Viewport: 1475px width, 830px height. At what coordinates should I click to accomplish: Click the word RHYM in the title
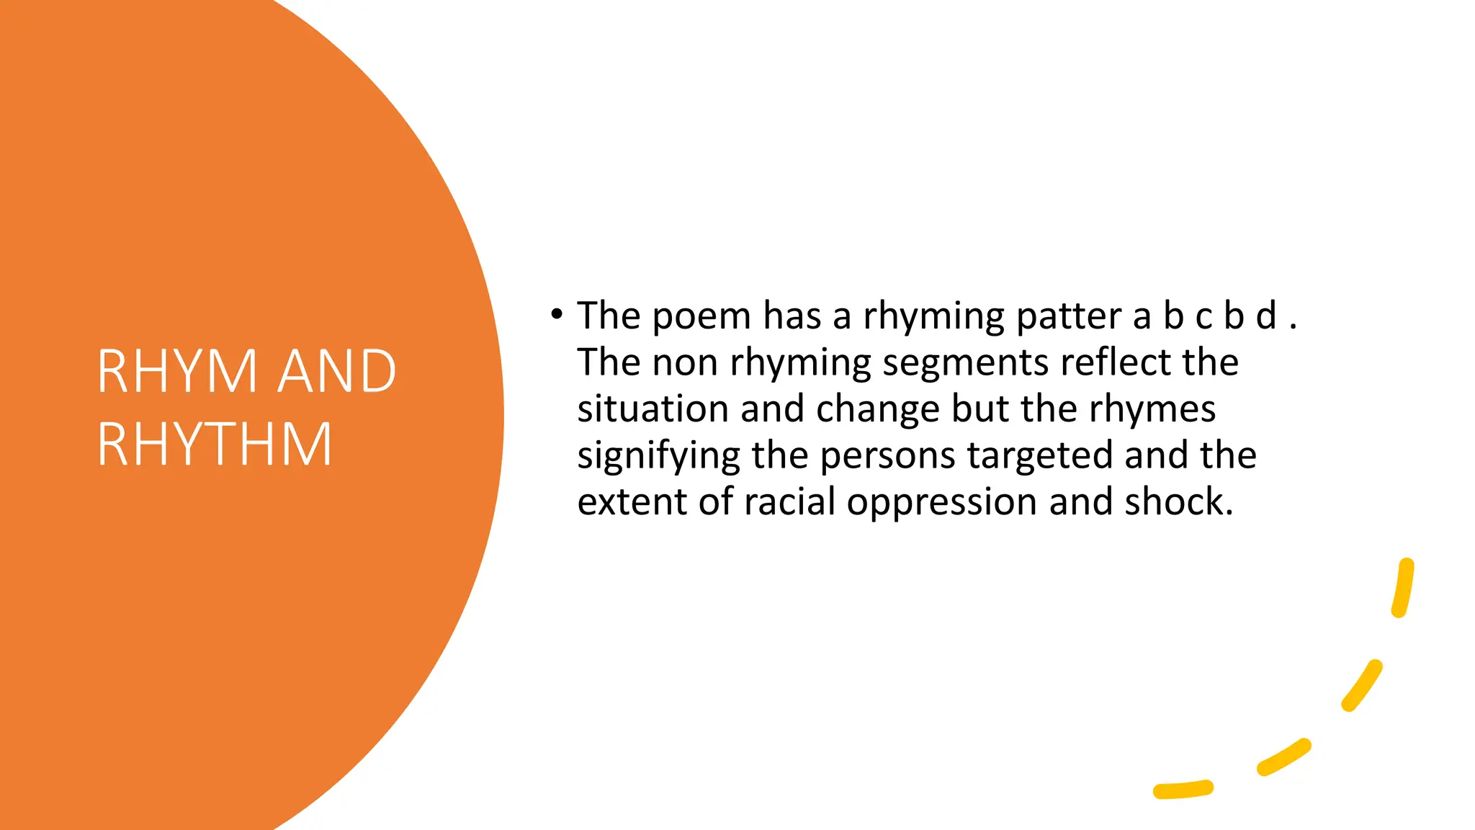(177, 371)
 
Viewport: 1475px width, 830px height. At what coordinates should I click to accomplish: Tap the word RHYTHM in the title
(215, 445)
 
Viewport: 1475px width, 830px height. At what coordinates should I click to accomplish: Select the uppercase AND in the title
(337, 371)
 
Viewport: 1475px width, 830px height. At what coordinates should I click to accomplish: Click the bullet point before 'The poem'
(555, 314)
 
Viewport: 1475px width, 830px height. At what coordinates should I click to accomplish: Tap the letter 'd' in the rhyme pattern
(1265, 316)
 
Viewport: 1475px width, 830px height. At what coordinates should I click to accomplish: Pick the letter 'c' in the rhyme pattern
(1203, 317)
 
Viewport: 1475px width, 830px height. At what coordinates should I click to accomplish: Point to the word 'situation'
(653, 409)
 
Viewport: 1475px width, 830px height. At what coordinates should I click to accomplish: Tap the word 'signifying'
(658, 456)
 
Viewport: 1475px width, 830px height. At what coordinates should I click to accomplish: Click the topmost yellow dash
(1403, 588)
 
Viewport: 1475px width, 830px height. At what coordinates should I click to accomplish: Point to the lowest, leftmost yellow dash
(1183, 790)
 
